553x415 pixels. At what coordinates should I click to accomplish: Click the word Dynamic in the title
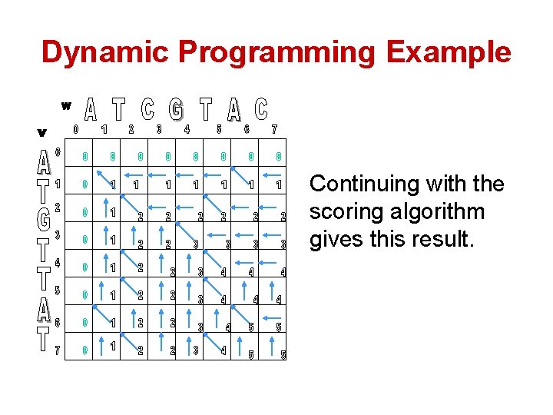[x=105, y=52]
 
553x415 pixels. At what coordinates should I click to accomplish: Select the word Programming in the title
[x=277, y=52]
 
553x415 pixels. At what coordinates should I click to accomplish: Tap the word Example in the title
[x=449, y=52]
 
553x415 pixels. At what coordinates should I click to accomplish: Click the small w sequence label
[x=66, y=105]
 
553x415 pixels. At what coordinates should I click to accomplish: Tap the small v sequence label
[x=41, y=132]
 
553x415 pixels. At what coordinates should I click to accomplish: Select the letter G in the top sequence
[x=177, y=111]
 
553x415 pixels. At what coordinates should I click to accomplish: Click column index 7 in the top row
[x=274, y=129]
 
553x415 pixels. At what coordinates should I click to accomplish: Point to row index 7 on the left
[x=57, y=351]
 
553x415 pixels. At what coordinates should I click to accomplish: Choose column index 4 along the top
[x=187, y=129]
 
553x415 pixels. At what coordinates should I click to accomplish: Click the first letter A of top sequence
[x=90, y=111]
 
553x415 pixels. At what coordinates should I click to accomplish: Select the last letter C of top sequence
[x=261, y=110]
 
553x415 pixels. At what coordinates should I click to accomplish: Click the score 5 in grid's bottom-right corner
[x=283, y=355]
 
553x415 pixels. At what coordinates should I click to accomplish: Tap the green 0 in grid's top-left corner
[x=84, y=158]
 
